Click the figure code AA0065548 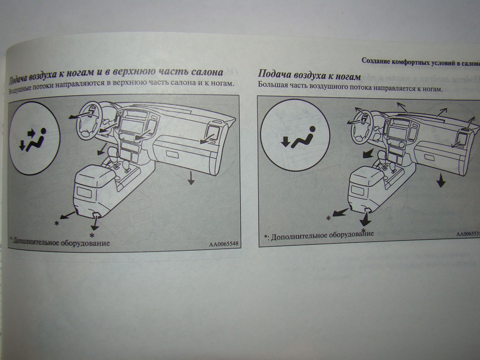[x=224, y=244]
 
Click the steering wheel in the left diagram [x=89, y=120]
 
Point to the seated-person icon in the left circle [x=37, y=141]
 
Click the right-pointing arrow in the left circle [x=31, y=133]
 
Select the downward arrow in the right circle [x=286, y=142]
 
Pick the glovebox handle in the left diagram [x=172, y=155]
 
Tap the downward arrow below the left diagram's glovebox [x=191, y=178]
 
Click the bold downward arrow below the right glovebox [x=441, y=180]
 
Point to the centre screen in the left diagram [x=131, y=126]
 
